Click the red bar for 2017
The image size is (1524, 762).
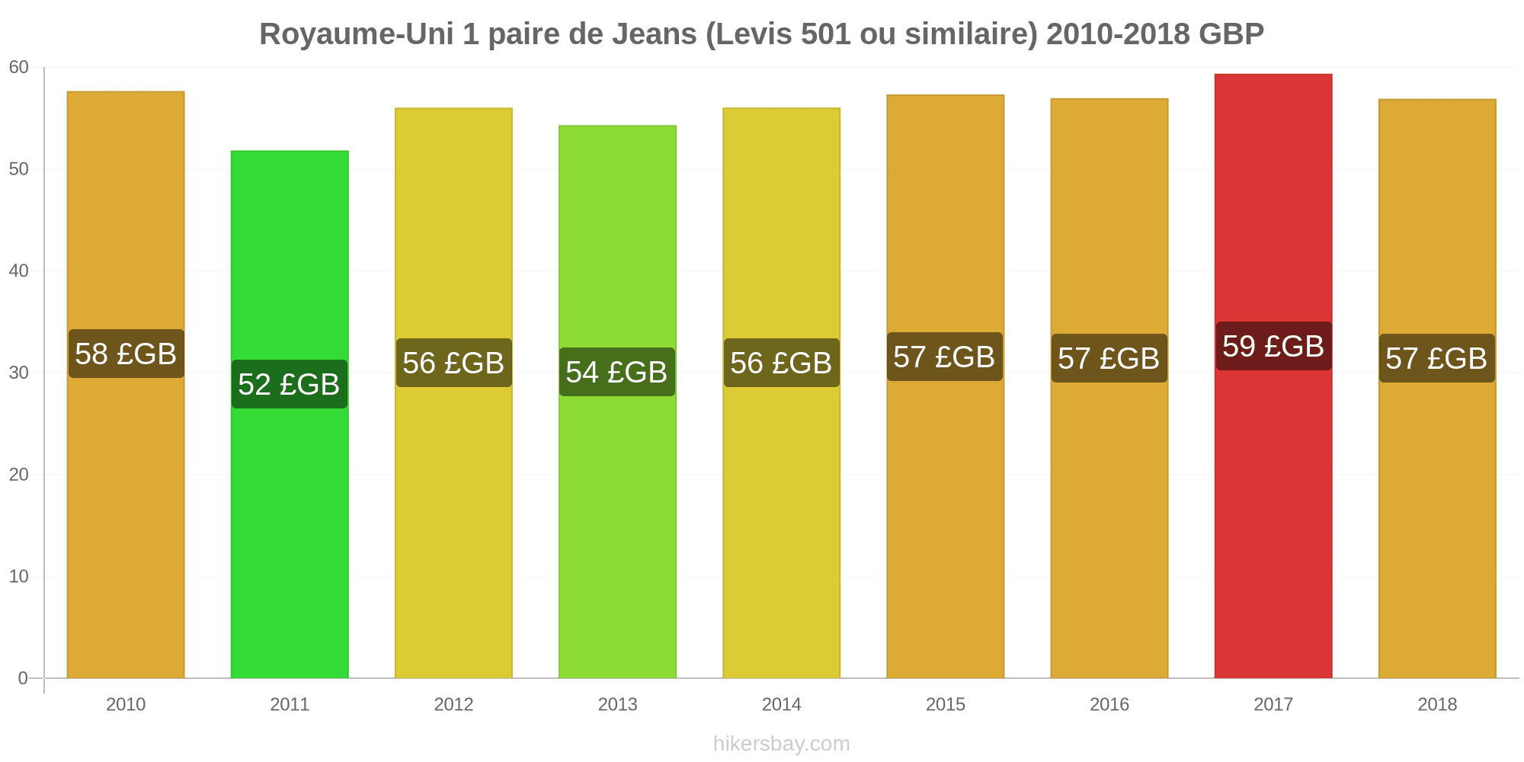pos(1273,376)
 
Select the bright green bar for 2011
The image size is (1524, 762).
pos(290,414)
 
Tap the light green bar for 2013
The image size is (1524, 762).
pos(617,402)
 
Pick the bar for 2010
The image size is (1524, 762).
pos(126,385)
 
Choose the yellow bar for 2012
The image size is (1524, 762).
pos(453,393)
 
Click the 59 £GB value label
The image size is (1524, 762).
pos(1273,346)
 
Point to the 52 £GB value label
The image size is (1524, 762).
pos(290,384)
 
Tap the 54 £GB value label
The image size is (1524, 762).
pos(617,372)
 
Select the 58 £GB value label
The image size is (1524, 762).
pos(126,354)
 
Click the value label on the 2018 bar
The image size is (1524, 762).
pos(1437,358)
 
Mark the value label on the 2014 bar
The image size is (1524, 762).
pos(781,363)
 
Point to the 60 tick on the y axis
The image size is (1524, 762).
pos(19,68)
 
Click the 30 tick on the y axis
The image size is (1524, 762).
pos(19,373)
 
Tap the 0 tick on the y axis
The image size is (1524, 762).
pos(23,678)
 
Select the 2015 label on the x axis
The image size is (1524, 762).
pos(946,704)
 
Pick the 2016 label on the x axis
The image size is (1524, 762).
pos(1109,704)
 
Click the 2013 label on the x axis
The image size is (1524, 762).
pos(617,704)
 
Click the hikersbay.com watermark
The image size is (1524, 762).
pos(781,743)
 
